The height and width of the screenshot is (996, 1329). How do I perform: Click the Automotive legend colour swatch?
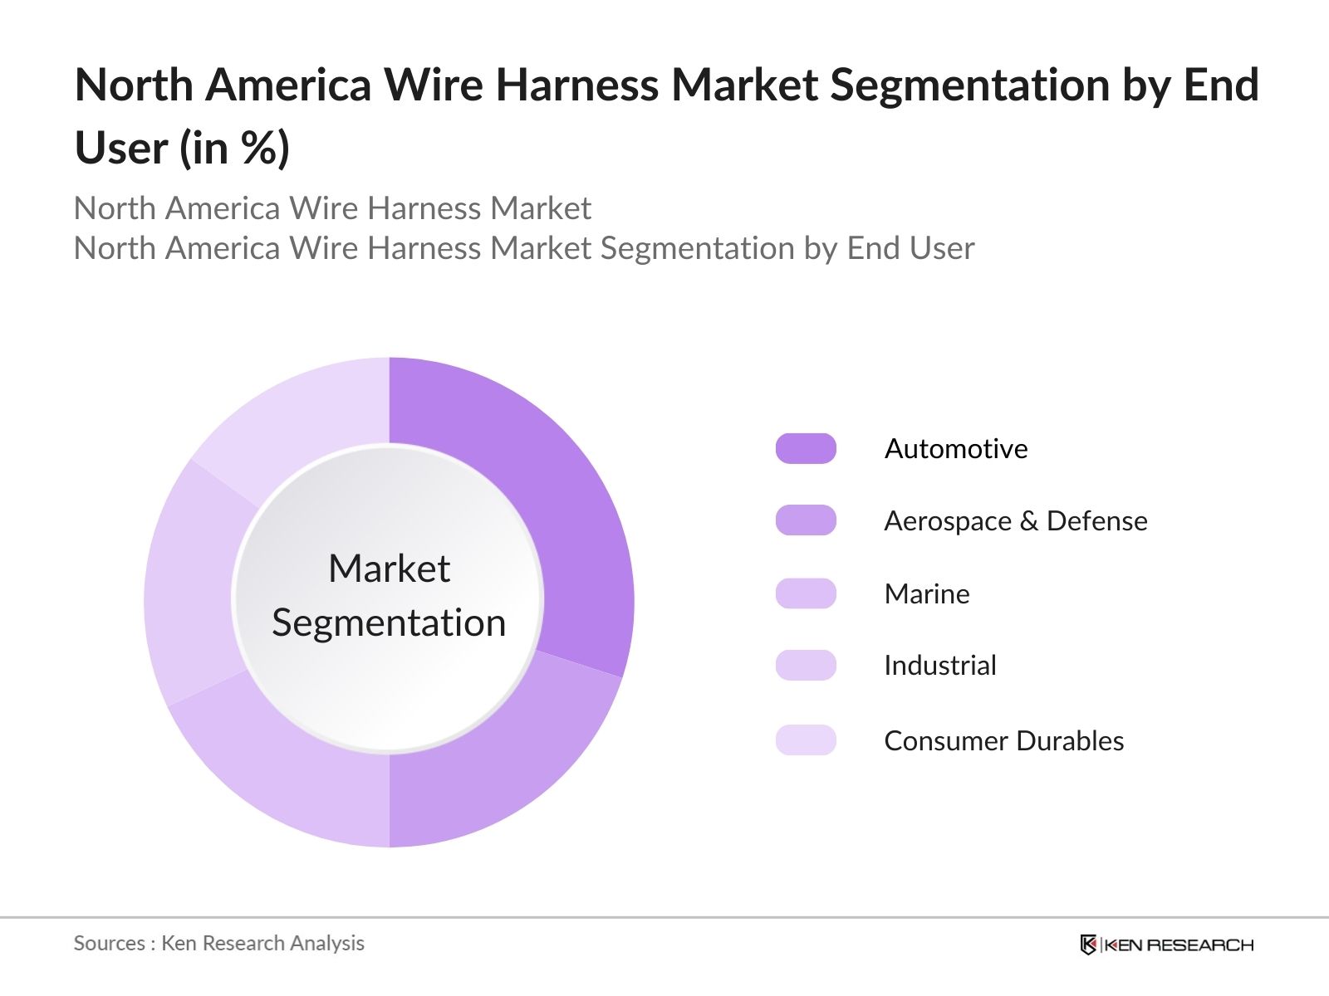click(x=805, y=448)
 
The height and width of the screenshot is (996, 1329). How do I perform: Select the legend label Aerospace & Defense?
click(x=1015, y=521)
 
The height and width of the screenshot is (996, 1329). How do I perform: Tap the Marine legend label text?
click(x=926, y=593)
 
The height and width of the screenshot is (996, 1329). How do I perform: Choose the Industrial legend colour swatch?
click(x=805, y=666)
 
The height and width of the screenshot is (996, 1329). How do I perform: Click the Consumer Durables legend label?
click(x=1003, y=740)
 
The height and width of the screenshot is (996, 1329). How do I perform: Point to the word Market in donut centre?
click(x=389, y=569)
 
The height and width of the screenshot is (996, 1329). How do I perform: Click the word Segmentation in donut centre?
click(x=389, y=622)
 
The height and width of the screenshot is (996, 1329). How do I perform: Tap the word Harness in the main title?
click(x=576, y=85)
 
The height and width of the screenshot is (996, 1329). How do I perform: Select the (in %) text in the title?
click(x=235, y=149)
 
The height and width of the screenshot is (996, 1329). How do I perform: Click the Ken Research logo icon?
click(x=1087, y=945)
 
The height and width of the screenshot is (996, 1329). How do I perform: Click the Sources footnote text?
click(x=218, y=943)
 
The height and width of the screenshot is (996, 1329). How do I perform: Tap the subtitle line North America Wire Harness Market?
click(x=332, y=208)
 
